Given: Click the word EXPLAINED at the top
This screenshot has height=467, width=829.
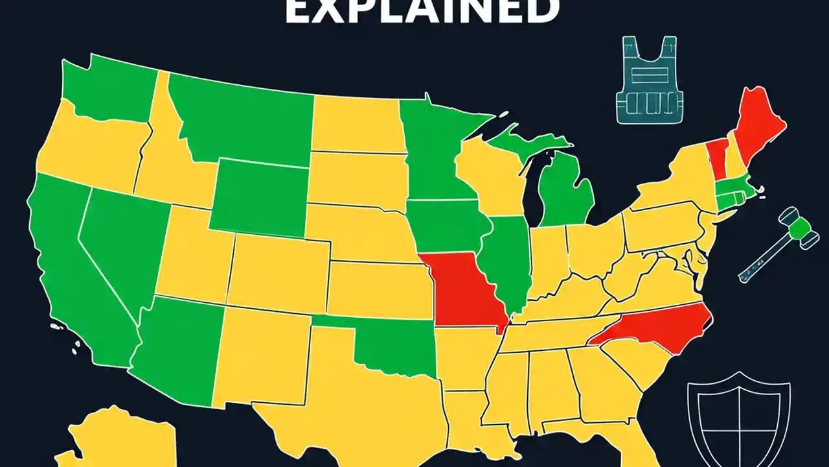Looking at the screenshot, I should [x=421, y=12].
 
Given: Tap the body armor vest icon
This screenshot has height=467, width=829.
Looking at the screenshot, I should [x=650, y=80].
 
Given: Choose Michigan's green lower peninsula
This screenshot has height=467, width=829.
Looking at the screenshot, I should [x=567, y=195].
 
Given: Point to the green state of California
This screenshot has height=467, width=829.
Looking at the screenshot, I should [x=71, y=259].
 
